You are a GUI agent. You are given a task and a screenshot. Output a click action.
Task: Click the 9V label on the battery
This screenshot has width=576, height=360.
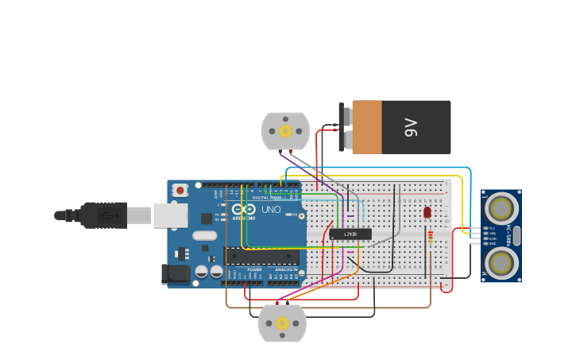tap(411, 127)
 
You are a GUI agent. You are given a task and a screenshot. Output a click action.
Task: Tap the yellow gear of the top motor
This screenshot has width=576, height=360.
tap(284, 130)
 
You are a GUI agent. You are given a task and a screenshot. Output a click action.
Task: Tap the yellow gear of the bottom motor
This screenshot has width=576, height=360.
tap(281, 323)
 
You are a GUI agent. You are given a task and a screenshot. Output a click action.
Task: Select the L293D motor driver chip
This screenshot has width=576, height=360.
tap(350, 234)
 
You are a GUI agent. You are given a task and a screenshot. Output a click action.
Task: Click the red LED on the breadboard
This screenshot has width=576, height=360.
tap(427, 212)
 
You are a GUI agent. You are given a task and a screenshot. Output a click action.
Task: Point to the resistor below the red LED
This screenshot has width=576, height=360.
tap(431, 236)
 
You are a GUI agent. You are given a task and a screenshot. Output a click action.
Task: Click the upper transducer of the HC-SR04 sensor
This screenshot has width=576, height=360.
tap(501, 209)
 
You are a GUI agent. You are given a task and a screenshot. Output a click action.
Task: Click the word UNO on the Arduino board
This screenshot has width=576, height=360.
tap(271, 210)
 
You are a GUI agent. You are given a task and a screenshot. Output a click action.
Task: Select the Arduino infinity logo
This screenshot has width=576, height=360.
tap(244, 210)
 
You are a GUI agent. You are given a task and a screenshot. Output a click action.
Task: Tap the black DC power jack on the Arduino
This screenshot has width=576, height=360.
tap(176, 274)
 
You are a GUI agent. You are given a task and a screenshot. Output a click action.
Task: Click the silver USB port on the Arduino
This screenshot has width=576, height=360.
tap(170, 215)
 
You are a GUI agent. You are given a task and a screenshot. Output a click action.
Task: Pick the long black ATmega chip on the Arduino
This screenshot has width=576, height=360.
tap(262, 256)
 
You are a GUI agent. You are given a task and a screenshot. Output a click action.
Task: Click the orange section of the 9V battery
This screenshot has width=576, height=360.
tap(367, 127)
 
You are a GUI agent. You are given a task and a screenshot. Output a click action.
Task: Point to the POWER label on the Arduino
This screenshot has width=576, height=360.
tap(254, 270)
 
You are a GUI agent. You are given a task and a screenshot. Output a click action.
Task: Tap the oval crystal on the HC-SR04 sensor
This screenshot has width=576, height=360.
tap(516, 235)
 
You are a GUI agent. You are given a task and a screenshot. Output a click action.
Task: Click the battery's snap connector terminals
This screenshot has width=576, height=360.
tap(343, 127)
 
